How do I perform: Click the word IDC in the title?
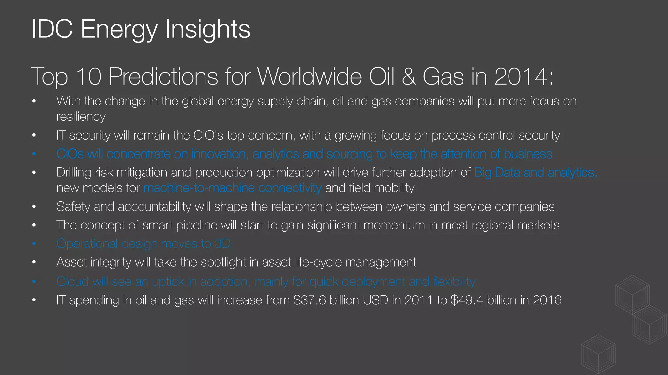coord(52,29)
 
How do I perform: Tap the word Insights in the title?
coord(207,29)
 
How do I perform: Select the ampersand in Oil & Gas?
coord(409,77)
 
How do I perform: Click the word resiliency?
coord(81,117)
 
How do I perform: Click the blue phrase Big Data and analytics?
coord(535,172)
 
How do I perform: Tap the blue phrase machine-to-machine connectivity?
coord(232,188)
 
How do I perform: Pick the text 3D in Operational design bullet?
coord(222,243)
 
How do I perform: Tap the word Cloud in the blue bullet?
coord(72,281)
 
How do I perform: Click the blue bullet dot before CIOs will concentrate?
coord(34,154)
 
